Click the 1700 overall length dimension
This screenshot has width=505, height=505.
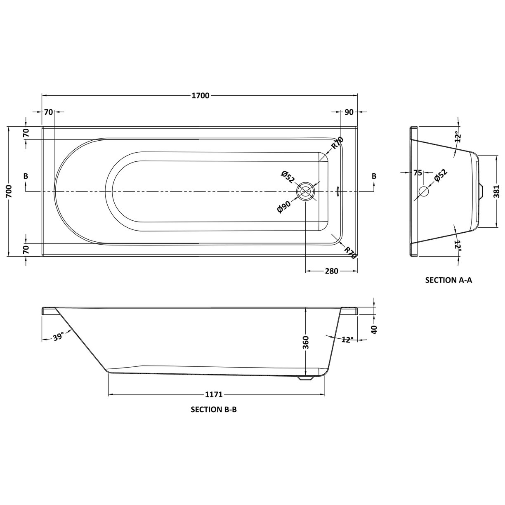pos(201,96)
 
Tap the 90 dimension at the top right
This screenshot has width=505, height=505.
pos(348,112)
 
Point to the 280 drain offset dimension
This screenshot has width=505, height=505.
pos(331,271)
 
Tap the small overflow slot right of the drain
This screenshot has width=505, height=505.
pos(337,191)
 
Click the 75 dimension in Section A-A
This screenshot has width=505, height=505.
pos(418,173)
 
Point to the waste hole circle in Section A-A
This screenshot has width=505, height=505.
pos(424,191)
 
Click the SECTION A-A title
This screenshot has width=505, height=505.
pos(448,280)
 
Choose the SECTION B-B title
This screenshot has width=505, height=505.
pos(214,410)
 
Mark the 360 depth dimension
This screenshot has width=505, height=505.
pos(306,342)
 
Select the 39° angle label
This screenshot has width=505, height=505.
pos(59,337)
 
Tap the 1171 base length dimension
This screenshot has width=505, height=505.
pos(214,394)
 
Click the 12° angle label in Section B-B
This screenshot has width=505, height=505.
pos(347,340)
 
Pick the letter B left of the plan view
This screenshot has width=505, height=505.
pos(26,176)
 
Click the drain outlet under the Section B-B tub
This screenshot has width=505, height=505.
pos(306,377)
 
